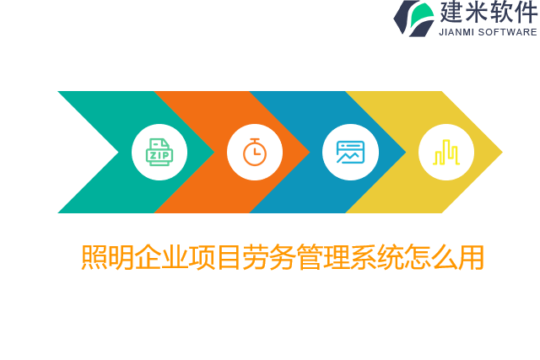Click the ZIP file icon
click(159, 152)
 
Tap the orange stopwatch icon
click(255, 152)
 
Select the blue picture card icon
click(350, 152)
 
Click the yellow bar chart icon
click(445, 152)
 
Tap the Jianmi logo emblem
click(413, 18)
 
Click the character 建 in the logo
click(452, 13)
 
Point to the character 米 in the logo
click(480, 13)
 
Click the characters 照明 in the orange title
click(107, 257)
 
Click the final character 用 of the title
click(472, 257)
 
